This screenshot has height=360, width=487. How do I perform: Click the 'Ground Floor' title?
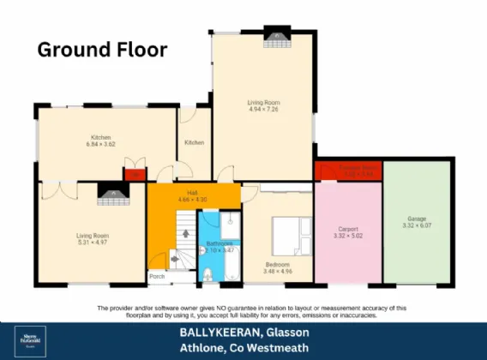point(102,49)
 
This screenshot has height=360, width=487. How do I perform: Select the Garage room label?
point(414,220)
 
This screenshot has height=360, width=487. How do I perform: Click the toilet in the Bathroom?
point(208,274)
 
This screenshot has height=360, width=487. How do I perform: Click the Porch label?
point(157,276)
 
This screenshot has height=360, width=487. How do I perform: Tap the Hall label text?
point(193,193)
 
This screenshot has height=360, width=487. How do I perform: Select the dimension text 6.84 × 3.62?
point(101,145)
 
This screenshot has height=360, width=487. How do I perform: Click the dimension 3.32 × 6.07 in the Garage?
point(414,227)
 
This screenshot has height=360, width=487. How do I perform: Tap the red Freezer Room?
point(348,171)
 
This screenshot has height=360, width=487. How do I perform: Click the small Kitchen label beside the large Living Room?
point(195,141)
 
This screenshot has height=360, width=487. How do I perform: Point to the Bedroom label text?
point(277,264)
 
